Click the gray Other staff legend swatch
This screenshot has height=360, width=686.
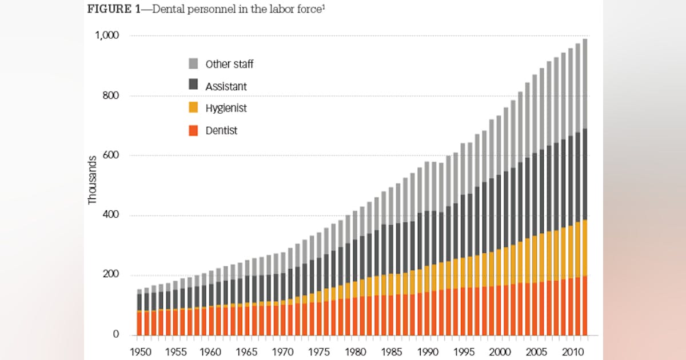tap(193, 63)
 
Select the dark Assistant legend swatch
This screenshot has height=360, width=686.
tap(193, 86)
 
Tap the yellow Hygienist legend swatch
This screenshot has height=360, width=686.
tap(193, 108)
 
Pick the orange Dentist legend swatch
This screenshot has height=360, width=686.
tap(193, 130)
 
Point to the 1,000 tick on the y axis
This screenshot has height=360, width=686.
tap(106, 35)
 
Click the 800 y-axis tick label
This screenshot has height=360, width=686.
tap(110, 95)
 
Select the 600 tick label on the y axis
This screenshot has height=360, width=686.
tap(110, 155)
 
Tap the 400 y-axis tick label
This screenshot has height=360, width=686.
tap(110, 215)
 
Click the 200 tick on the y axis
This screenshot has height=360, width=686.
tap(110, 275)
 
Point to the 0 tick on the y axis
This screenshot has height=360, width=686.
tap(115, 334)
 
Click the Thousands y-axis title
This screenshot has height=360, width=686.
tap(93, 180)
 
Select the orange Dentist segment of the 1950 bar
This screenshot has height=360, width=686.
tap(139, 323)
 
